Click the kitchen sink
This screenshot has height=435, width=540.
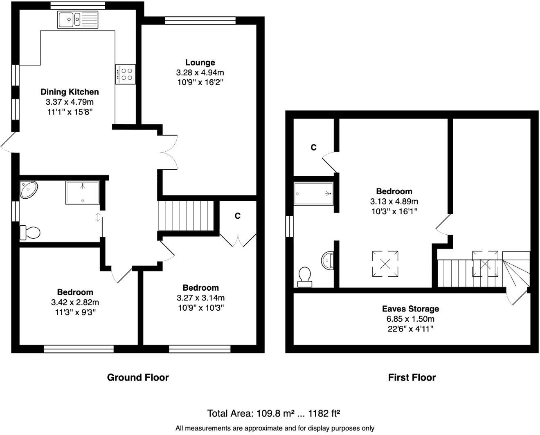(x=78, y=19)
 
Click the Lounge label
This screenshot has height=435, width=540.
(x=200, y=63)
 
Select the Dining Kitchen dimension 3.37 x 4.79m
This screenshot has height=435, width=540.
(x=70, y=102)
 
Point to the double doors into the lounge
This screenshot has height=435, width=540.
(x=169, y=152)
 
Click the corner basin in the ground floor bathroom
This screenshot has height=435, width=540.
(x=28, y=190)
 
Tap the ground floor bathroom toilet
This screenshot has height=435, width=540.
(x=29, y=233)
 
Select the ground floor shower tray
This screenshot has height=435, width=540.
(x=82, y=193)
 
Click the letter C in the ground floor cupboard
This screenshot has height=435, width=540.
(x=237, y=216)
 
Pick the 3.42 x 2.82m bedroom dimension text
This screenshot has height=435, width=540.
(x=75, y=303)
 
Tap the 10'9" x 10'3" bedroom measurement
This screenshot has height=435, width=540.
(x=200, y=307)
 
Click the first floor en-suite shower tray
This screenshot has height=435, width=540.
(x=314, y=193)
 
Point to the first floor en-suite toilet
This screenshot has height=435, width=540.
(x=305, y=276)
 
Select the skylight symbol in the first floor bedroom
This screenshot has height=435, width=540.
(x=385, y=264)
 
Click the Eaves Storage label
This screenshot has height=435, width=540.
(x=410, y=309)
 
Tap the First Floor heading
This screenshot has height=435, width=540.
(x=412, y=377)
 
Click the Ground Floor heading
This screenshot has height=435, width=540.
(x=137, y=377)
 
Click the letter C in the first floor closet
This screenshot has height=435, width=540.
(x=313, y=148)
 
